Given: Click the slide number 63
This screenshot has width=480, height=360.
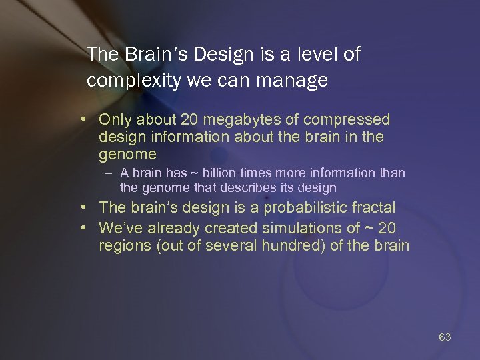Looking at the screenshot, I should point(445,337).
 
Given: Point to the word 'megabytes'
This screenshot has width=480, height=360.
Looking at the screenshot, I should point(241,120).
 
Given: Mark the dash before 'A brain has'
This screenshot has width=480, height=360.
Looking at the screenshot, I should point(108,173).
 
